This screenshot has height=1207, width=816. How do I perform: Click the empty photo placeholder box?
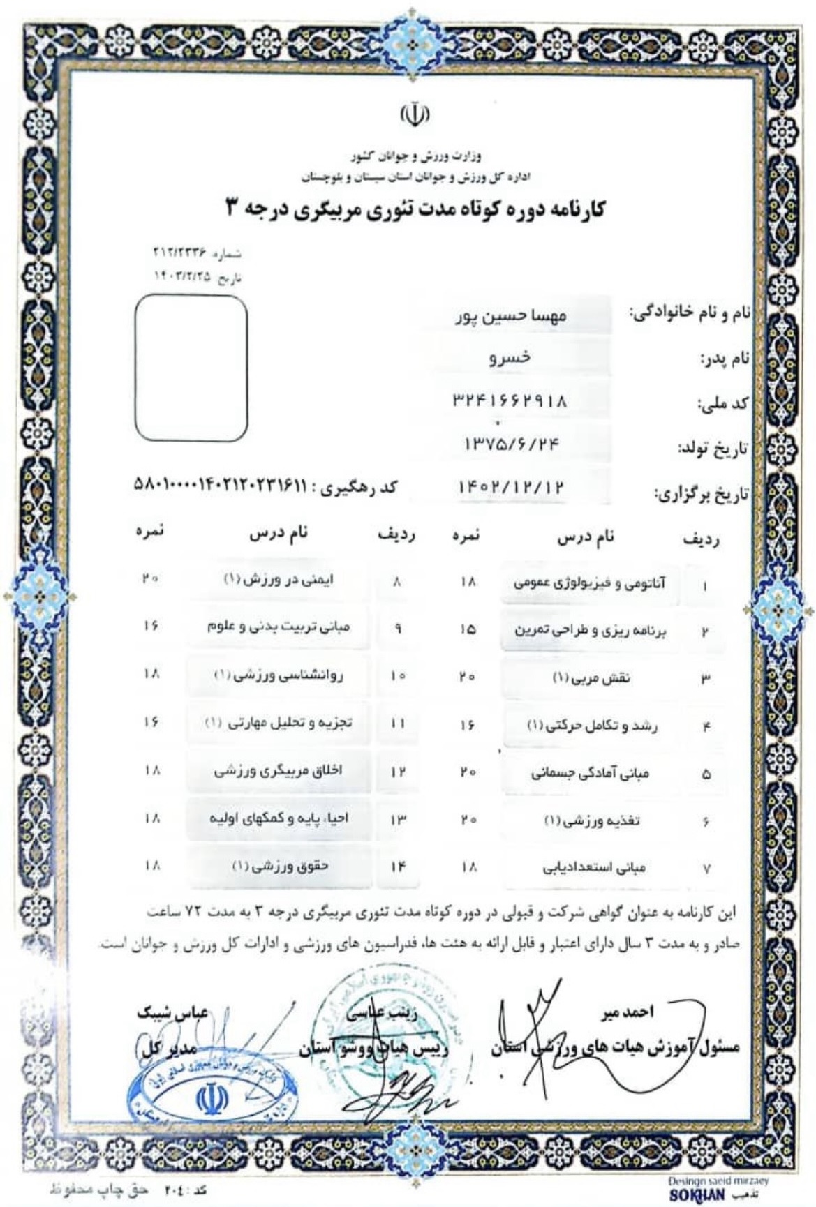point(191,368)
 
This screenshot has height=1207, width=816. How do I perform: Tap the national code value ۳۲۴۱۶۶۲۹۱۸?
point(510,401)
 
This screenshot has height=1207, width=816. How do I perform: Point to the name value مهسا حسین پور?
point(512,316)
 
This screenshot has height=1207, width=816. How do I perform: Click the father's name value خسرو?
point(510,358)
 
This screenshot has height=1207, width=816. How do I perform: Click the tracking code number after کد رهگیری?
point(219,485)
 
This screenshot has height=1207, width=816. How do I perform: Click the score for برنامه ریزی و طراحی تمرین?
point(468,629)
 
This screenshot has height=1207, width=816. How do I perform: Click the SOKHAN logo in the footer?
point(692,1195)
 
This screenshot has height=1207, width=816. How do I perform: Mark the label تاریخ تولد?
point(712,449)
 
